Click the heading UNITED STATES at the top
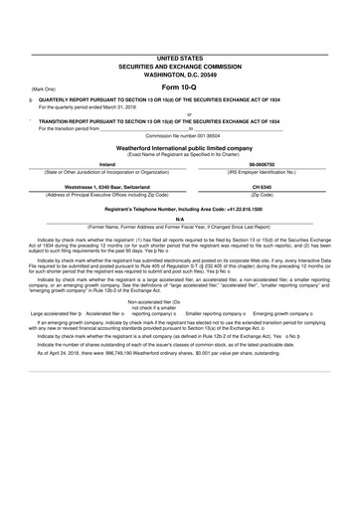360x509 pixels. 179,60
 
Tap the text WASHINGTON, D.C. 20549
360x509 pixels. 180,76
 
